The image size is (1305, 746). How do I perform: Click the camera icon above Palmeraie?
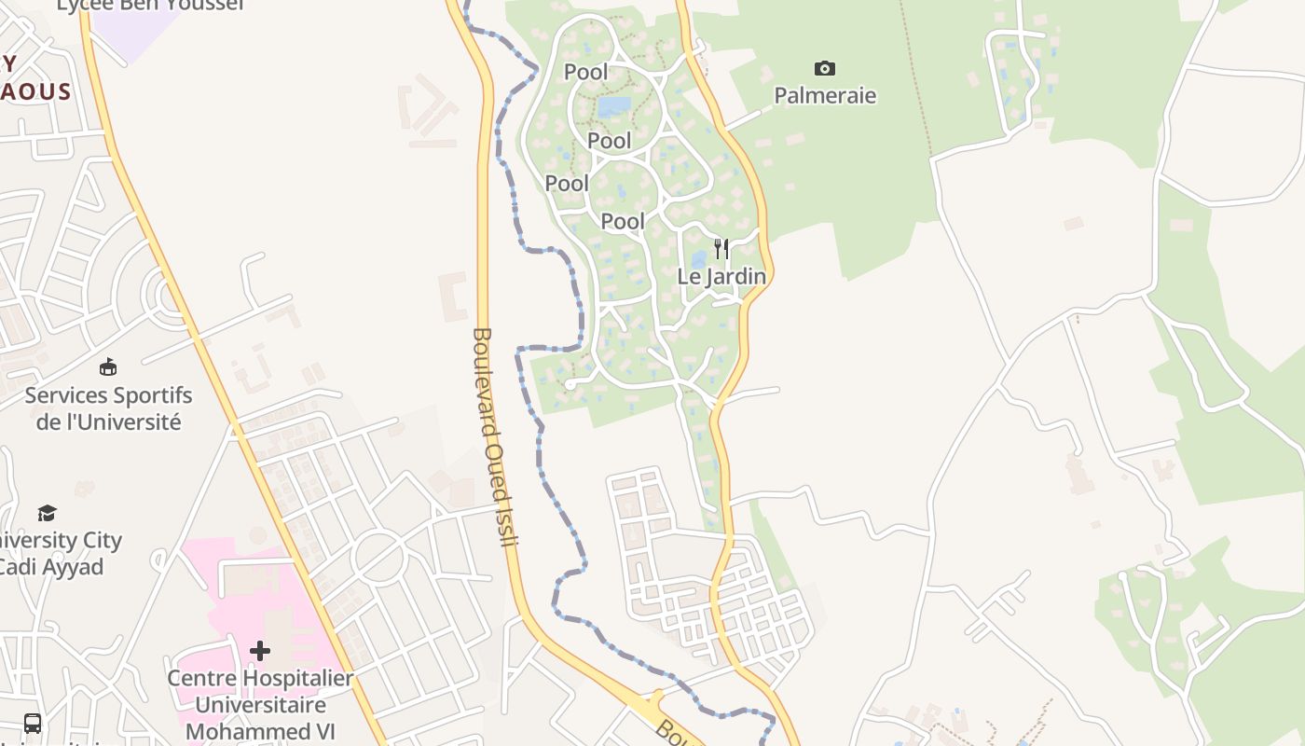825,68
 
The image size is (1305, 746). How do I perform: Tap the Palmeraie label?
825,95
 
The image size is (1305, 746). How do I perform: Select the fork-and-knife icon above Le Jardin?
721,249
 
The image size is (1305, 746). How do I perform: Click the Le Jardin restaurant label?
721,277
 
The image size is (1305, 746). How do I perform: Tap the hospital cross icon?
260,650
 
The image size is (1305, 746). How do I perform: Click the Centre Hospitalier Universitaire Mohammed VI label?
260,704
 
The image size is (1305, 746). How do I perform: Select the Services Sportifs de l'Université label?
108,408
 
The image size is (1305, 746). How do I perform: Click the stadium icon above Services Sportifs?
108,366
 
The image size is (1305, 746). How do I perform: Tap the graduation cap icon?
47,513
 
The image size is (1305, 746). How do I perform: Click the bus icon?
33,723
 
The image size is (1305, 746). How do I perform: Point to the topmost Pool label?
585,72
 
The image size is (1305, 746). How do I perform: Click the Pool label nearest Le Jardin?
623,221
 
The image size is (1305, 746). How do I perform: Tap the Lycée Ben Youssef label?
149,5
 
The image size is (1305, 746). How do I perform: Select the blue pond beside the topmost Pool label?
613,106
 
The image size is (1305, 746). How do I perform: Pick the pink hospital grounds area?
233,597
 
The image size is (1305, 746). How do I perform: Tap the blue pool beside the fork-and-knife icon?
698,260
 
